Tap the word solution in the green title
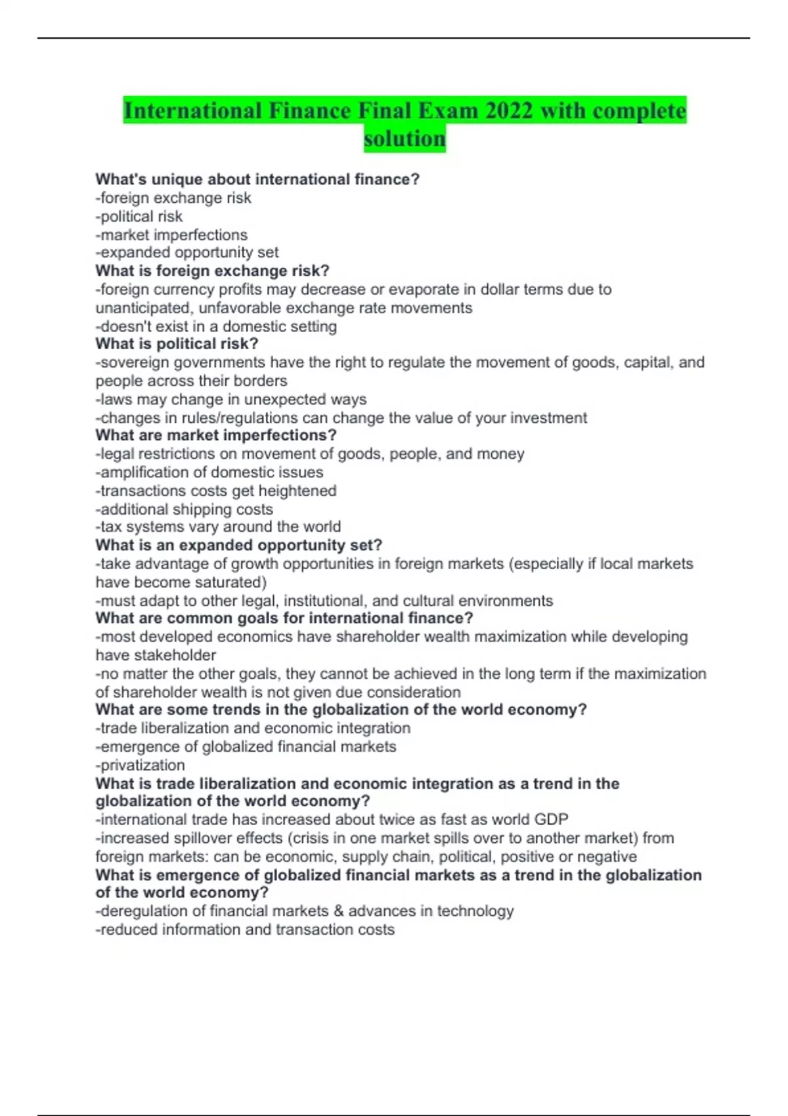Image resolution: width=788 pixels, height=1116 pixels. pyautogui.click(x=405, y=139)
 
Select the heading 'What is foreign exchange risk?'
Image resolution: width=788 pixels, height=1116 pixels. pyautogui.click(x=212, y=270)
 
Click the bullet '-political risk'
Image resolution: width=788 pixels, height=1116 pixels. pyautogui.click(x=139, y=216)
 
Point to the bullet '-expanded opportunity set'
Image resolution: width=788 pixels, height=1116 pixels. pyautogui.click(x=187, y=252)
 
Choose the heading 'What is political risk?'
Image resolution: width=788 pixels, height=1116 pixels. pyautogui.click(x=177, y=343)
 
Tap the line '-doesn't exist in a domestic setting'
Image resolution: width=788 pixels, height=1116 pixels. pyautogui.click(x=216, y=326)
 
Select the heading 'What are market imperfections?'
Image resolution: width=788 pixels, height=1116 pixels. pyautogui.click(x=216, y=435)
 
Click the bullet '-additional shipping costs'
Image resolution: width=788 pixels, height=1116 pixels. pyautogui.click(x=184, y=509)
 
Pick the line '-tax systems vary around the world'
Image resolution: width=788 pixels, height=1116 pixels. pyautogui.click(x=218, y=526)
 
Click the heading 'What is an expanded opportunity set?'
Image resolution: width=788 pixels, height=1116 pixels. pyautogui.click(x=238, y=545)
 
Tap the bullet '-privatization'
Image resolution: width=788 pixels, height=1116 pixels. pyautogui.click(x=141, y=765)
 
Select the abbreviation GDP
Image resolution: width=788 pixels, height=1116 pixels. pyautogui.click(x=551, y=819)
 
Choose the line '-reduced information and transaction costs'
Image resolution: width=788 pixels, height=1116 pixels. pyautogui.click(x=245, y=929)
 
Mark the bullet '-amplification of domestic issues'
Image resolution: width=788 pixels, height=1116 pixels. pyautogui.click(x=209, y=472)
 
